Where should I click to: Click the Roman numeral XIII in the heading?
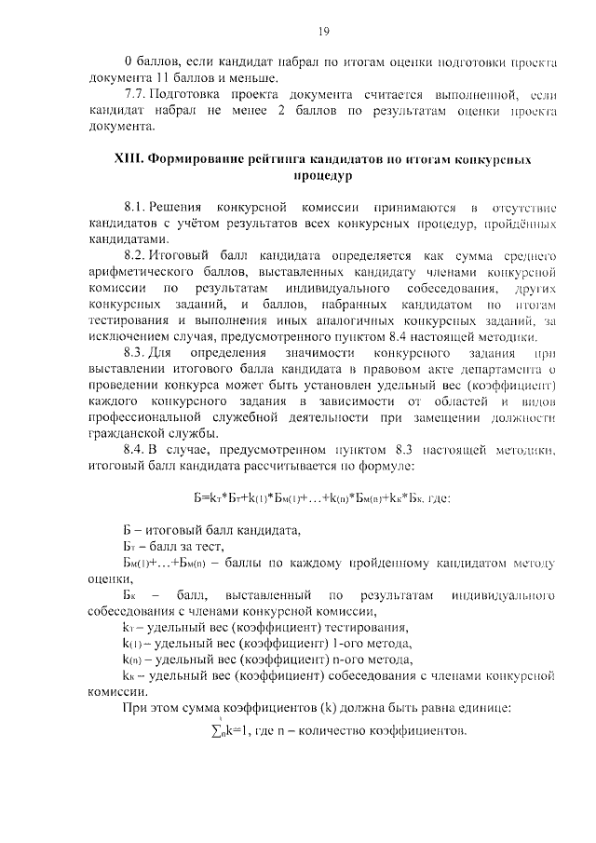(x=126, y=159)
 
